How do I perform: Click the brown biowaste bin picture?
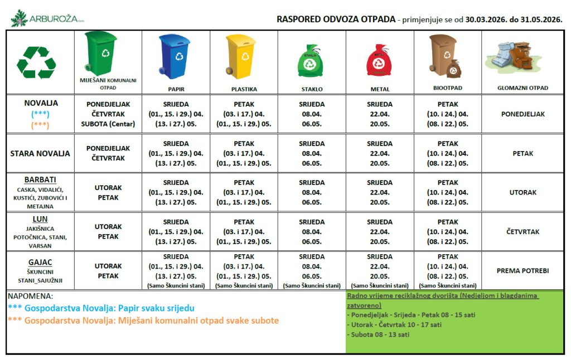(x=445, y=56)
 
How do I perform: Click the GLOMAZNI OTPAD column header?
(x=522, y=88)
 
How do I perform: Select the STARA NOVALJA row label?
(x=40, y=153)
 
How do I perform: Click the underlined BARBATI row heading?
(x=40, y=180)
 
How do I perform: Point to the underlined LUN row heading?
(x=40, y=219)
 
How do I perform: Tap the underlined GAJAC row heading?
(x=40, y=262)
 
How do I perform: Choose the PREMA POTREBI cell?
(x=522, y=271)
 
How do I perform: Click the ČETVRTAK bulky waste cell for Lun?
(x=522, y=232)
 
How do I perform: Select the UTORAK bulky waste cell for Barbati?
(x=522, y=192)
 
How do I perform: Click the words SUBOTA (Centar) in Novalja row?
(x=108, y=124)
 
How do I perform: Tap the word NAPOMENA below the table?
(x=31, y=296)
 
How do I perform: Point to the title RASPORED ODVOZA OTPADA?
(x=335, y=19)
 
